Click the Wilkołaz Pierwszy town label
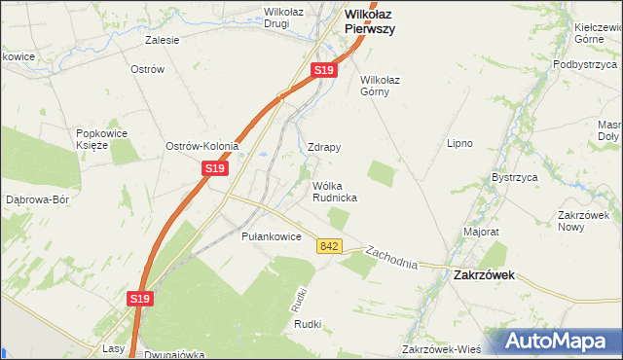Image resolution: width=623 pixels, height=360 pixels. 370,21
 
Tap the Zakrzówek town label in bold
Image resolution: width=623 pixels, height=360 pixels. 484,275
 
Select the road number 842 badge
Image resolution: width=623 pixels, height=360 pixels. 329,247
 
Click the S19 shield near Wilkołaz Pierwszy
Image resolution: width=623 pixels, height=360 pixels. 325,71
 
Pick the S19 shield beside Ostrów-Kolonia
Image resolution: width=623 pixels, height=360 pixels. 215,168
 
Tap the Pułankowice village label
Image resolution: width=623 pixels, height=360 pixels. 270,236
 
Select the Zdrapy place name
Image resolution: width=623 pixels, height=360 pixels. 324,147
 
